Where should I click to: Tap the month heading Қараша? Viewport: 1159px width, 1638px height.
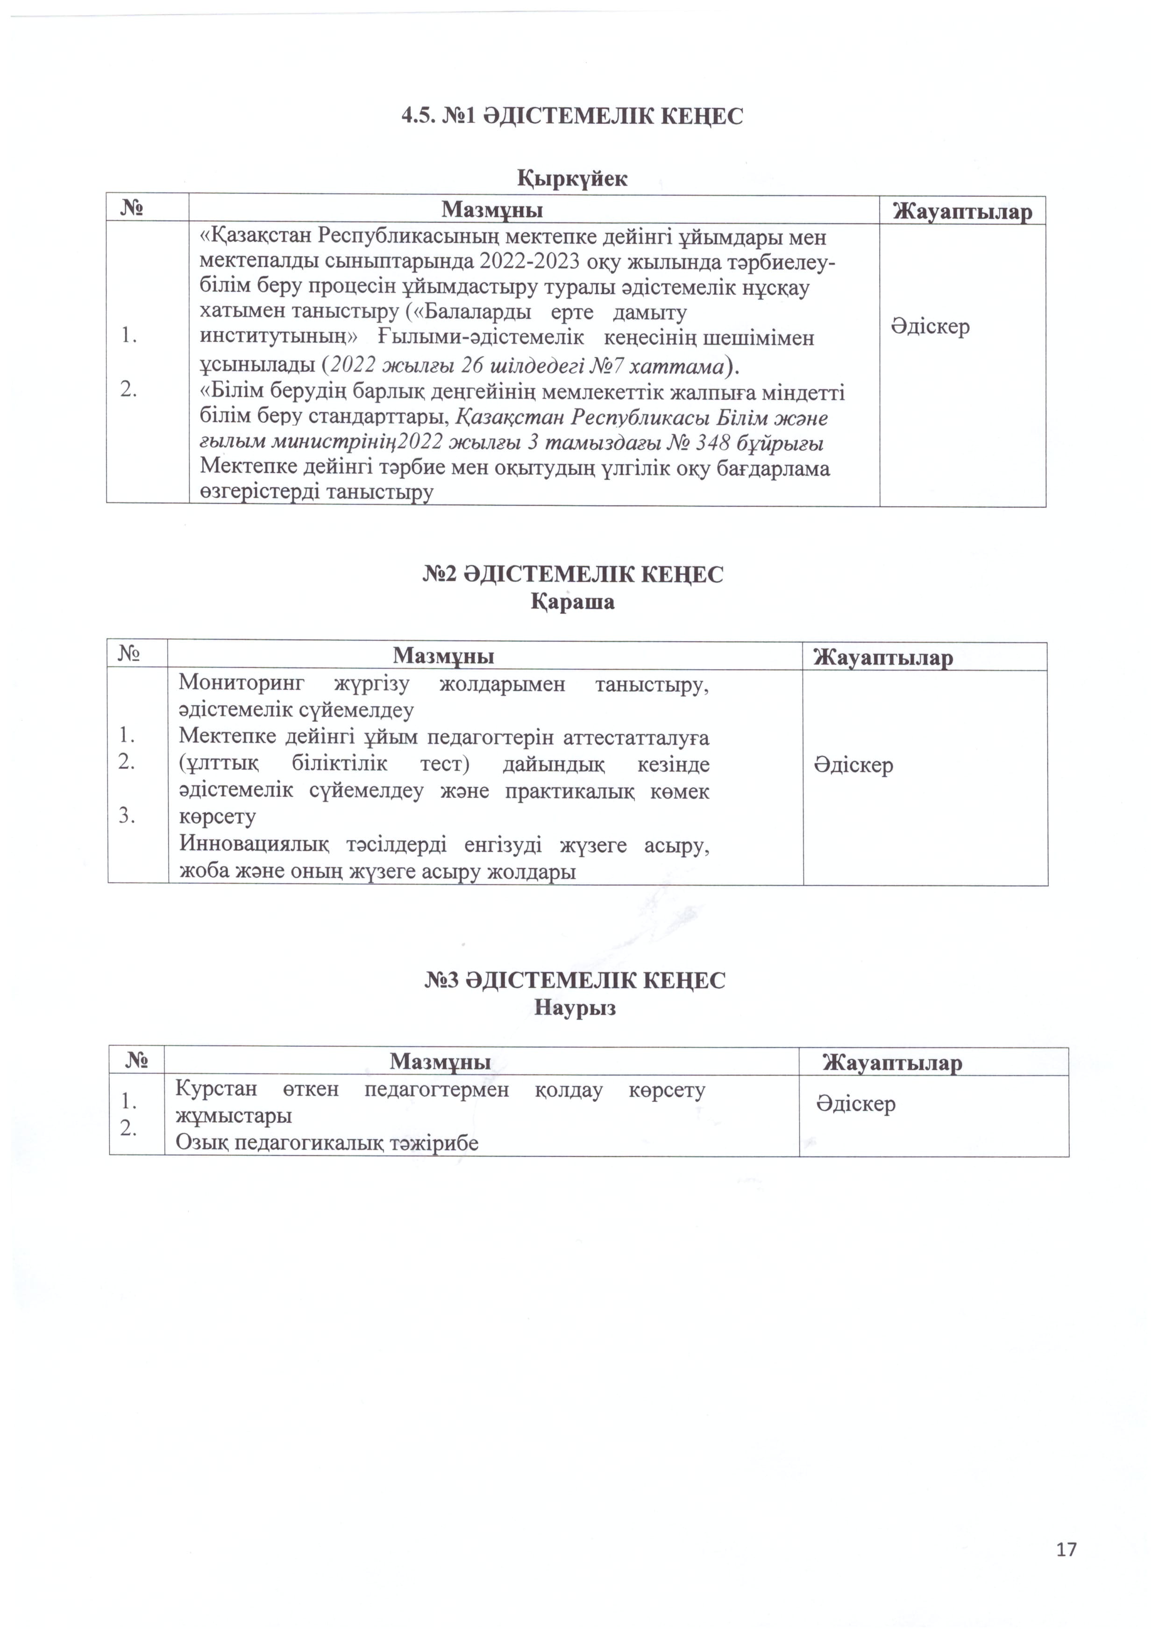point(572,602)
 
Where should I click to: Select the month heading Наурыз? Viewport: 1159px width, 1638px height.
point(575,1008)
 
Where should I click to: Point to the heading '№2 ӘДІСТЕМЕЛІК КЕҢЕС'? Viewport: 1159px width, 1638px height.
point(572,574)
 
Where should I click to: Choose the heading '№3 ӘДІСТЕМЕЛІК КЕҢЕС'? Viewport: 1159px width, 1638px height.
point(575,980)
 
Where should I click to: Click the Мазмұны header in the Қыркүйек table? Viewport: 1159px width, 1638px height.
point(492,210)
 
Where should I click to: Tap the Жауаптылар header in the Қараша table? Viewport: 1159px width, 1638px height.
point(883,656)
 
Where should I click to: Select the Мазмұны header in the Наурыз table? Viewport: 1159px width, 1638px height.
point(441,1062)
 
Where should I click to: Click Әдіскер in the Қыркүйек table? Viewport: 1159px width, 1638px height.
point(930,327)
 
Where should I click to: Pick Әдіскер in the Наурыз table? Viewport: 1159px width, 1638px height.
point(856,1104)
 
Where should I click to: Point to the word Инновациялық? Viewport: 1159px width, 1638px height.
point(254,844)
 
